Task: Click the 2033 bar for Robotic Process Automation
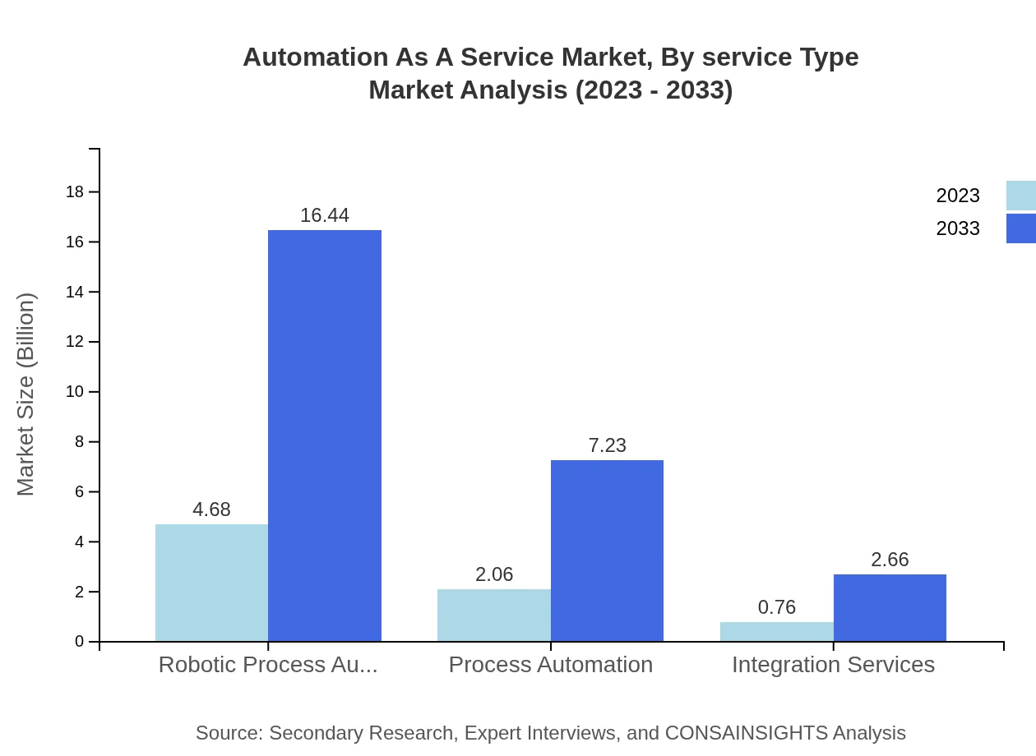point(325,436)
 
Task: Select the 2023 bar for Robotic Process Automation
point(211,583)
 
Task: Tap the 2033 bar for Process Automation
point(607,551)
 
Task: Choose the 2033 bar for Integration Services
point(890,608)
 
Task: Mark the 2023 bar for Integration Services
point(776,632)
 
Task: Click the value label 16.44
point(325,215)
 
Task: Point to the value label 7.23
point(607,445)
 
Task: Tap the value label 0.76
point(776,607)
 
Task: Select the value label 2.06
point(493,574)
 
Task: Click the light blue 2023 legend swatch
point(1020,196)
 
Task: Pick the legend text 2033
point(958,228)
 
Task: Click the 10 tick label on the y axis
point(75,392)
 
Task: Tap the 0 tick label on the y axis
point(80,642)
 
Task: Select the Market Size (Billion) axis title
point(25,394)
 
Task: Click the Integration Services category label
point(833,665)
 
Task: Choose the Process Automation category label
point(550,665)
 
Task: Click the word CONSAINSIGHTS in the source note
point(745,733)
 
